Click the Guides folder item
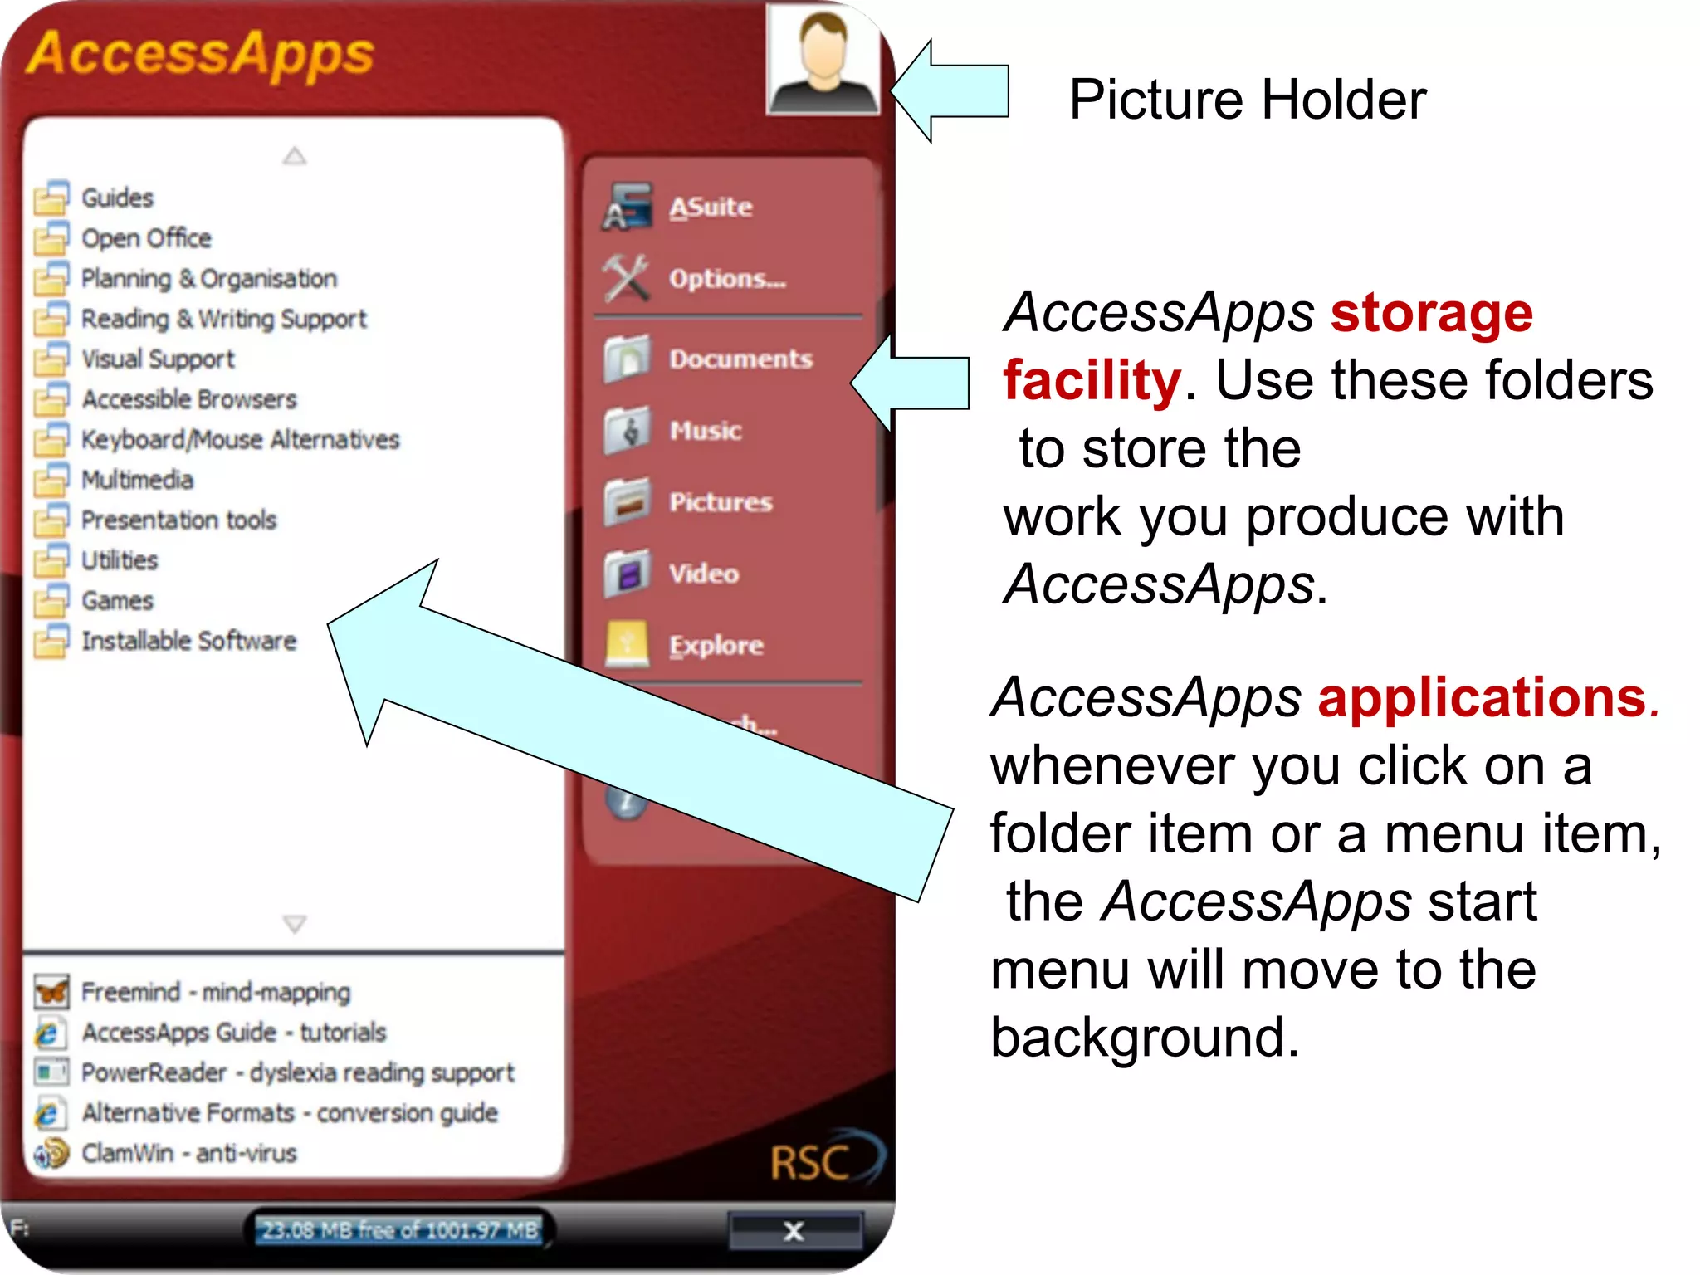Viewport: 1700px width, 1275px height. (117, 198)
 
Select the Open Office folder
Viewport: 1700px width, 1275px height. (146, 239)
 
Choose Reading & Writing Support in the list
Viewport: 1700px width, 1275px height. (223, 320)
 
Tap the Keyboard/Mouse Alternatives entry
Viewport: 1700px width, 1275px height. (240, 440)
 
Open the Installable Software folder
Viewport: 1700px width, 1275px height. (188, 642)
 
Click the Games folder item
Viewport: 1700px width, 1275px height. (117, 601)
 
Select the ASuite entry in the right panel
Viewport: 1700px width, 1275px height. (711, 208)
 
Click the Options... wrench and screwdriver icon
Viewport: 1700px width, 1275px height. (626, 279)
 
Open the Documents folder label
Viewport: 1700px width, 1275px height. (741, 359)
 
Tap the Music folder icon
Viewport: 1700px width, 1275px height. (627, 431)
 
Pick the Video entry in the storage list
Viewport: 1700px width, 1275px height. (704, 574)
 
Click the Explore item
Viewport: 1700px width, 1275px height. (716, 646)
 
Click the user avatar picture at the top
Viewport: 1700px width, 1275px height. (823, 60)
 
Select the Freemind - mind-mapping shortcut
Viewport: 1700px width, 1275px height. (215, 993)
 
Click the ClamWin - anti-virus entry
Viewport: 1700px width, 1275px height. (188, 1154)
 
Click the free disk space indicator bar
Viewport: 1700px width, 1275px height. (399, 1230)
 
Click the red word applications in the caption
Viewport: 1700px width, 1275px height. (1483, 698)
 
